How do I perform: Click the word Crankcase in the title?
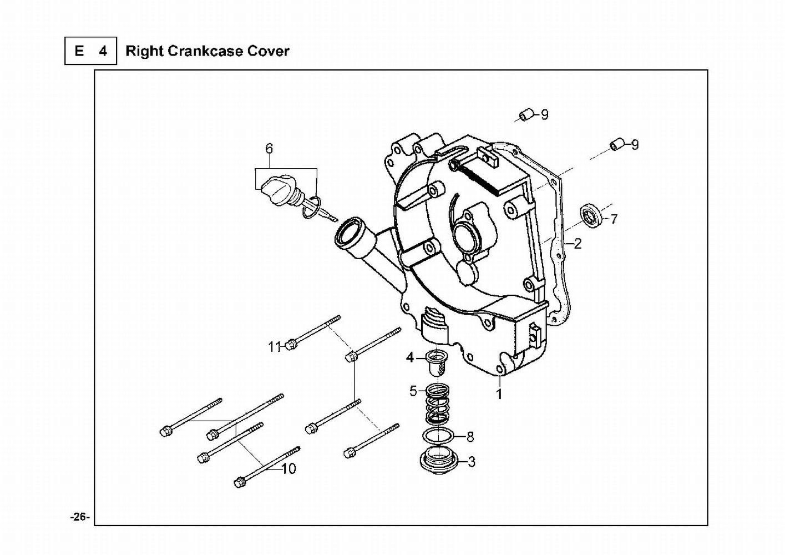click(x=205, y=51)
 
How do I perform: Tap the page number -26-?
click(x=80, y=517)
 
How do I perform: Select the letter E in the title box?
click(x=79, y=51)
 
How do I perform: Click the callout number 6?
click(x=269, y=148)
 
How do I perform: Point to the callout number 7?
click(x=613, y=219)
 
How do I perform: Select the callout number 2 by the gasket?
click(x=578, y=243)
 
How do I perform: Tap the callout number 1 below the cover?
click(x=499, y=394)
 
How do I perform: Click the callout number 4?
click(x=410, y=357)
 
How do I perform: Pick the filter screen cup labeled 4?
click(x=437, y=364)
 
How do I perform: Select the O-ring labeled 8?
click(x=438, y=436)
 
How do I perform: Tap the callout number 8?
click(x=470, y=437)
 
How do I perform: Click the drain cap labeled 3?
click(x=438, y=461)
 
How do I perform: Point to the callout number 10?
click(x=289, y=468)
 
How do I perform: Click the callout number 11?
click(x=275, y=347)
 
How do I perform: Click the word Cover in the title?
click(x=269, y=51)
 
